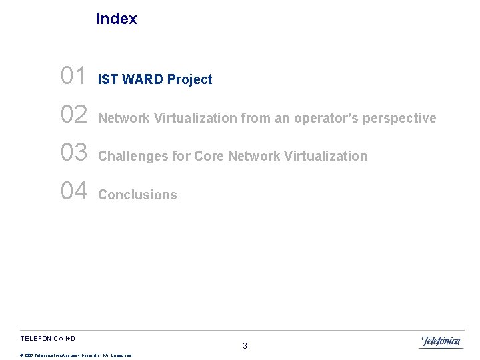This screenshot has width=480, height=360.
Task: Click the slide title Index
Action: click(117, 19)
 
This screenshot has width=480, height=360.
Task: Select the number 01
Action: click(73, 76)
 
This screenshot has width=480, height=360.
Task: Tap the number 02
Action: click(73, 115)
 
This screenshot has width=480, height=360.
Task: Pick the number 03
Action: click(73, 153)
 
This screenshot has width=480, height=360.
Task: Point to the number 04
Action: click(73, 191)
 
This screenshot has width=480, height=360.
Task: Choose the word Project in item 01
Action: click(189, 79)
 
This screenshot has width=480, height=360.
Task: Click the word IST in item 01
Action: click(108, 79)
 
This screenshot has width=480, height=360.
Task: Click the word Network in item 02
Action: click(124, 118)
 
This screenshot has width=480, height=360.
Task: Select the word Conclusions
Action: click(137, 195)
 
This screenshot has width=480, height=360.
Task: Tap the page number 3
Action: click(245, 346)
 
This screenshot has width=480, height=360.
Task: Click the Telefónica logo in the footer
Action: click(441, 342)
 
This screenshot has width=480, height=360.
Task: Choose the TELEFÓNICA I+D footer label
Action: click(47, 339)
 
